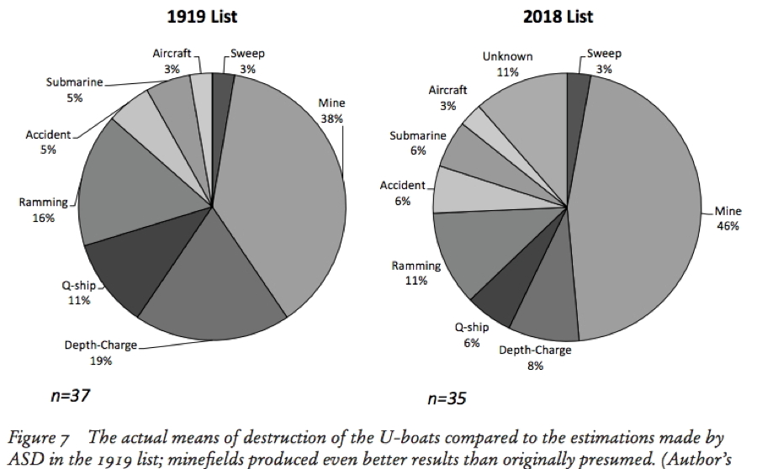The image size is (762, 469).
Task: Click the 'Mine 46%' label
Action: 728,219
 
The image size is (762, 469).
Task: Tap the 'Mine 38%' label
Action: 331,110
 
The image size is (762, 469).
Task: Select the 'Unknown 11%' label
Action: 507,64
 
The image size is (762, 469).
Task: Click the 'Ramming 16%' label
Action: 38,209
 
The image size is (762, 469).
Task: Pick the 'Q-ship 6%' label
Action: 472,335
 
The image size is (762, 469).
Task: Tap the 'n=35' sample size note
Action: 447,398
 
